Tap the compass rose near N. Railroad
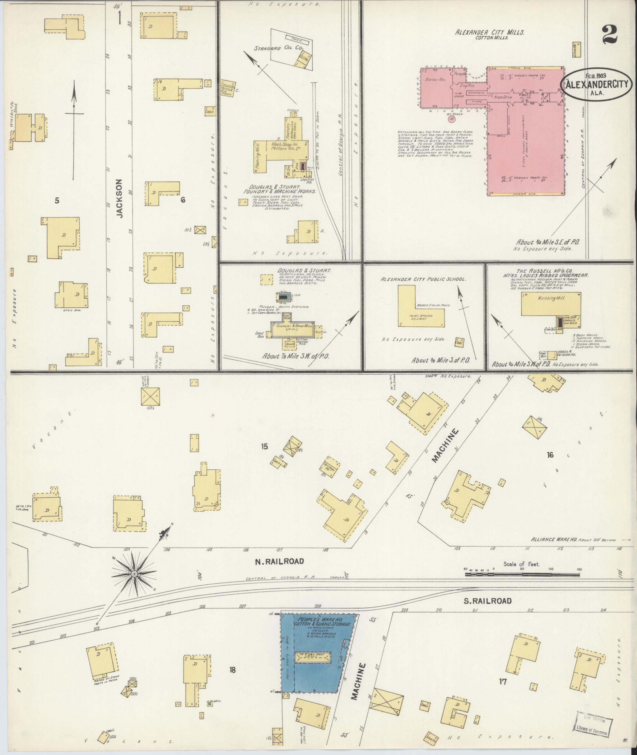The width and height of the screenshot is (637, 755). [x=134, y=573]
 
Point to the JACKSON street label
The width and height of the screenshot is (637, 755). [x=120, y=199]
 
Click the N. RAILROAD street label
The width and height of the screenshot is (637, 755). [x=280, y=561]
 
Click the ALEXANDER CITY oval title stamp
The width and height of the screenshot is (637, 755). [x=596, y=85]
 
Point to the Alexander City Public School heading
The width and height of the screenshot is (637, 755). [x=423, y=279]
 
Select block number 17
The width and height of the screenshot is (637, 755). [x=503, y=682]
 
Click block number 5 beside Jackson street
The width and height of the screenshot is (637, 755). [x=57, y=201]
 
